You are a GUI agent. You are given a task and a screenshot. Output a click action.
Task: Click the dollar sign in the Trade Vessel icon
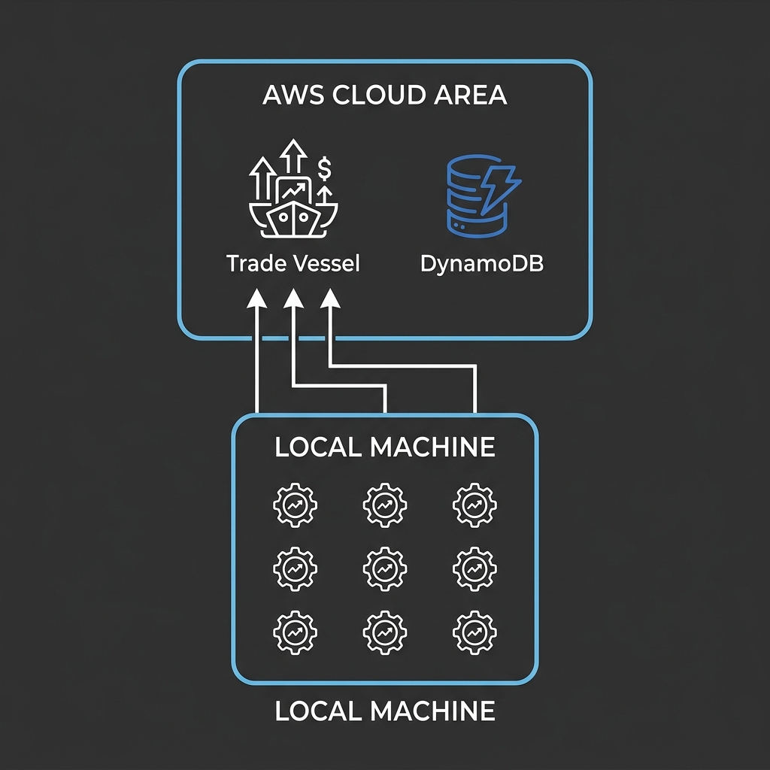(324, 168)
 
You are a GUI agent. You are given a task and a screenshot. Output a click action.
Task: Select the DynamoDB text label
(481, 264)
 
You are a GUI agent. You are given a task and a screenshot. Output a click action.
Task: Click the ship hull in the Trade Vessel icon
(293, 220)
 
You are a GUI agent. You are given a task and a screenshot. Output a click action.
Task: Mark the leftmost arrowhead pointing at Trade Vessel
(257, 300)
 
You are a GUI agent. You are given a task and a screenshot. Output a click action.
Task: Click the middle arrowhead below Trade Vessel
(293, 300)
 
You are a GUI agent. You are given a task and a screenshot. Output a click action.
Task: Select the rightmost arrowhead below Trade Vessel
(329, 300)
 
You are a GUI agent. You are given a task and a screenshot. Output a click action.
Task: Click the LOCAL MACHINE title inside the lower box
(385, 447)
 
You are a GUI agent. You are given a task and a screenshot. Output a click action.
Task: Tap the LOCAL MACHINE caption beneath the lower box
(385, 711)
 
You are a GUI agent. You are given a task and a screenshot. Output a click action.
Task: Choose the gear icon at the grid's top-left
(295, 505)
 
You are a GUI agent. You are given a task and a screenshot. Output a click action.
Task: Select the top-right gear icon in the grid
(475, 505)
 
